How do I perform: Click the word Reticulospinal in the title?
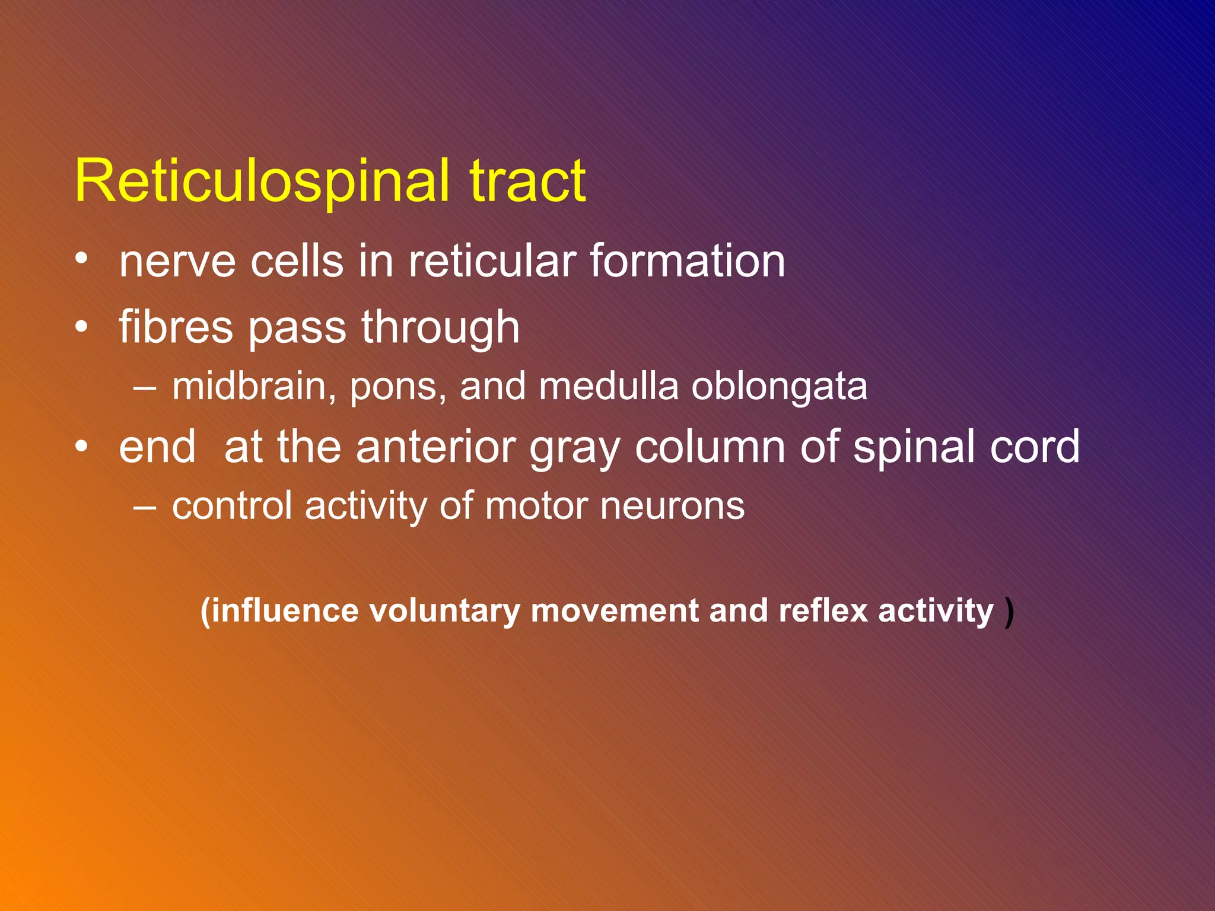(261, 181)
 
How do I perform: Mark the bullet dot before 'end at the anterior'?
(82, 446)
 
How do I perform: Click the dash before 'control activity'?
(145, 507)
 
